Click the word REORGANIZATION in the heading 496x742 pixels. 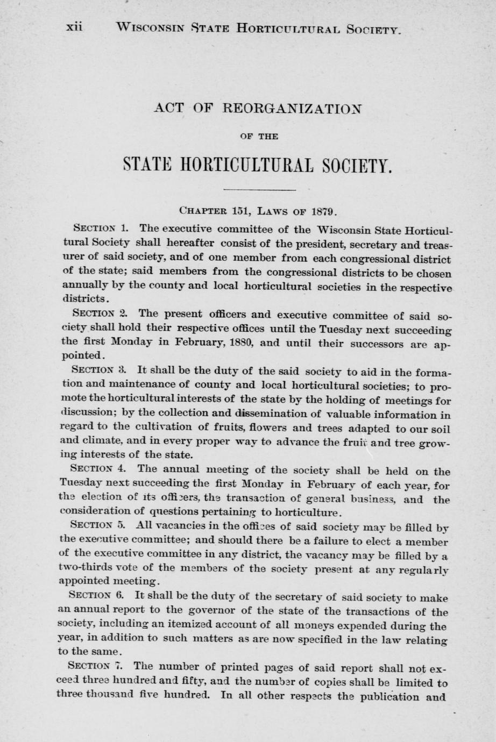click(x=278, y=108)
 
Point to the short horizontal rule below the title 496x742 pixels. click(x=259, y=190)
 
